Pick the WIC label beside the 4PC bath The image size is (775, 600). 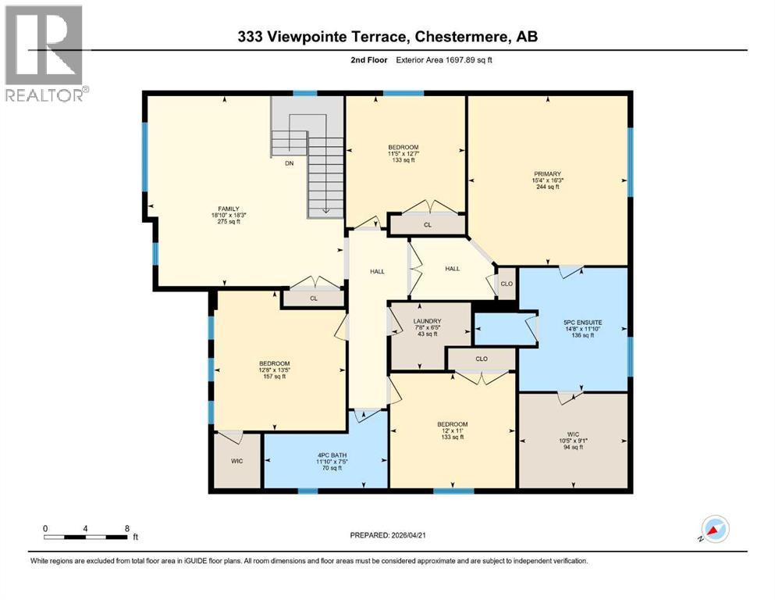[x=236, y=461]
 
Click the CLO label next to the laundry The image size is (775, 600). [x=481, y=359]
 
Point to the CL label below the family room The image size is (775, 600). [x=312, y=298]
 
